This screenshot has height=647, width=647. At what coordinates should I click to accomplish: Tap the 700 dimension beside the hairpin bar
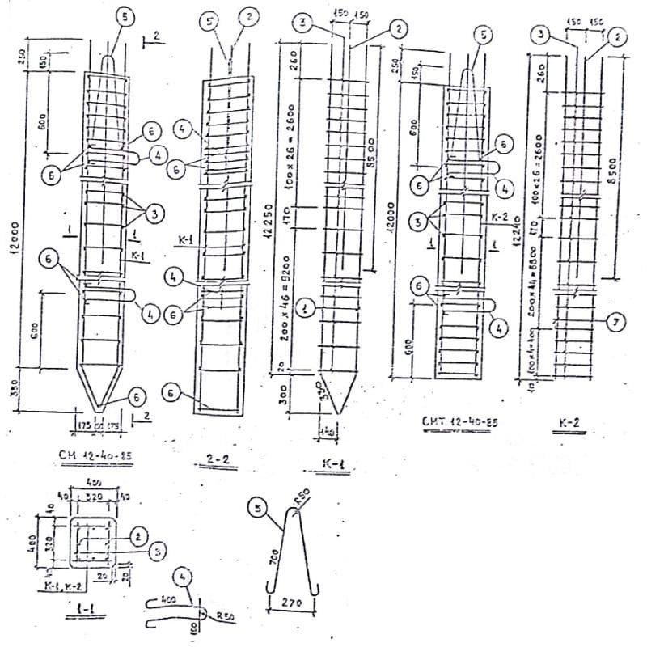pyautogui.click(x=274, y=558)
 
